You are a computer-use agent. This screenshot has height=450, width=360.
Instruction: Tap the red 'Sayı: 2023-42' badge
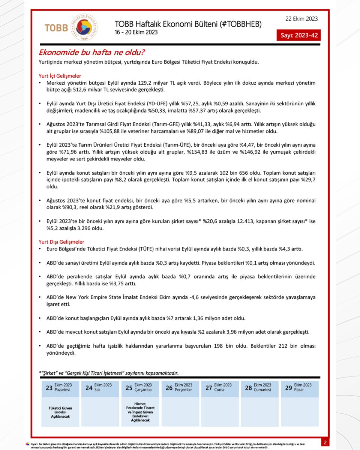pos(298,35)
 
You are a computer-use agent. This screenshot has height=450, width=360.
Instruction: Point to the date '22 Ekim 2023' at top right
pos(301,19)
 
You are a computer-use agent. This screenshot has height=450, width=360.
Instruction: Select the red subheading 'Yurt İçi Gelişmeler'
pos(60,76)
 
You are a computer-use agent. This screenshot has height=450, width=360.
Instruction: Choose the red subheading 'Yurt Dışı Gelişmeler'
pos(61,242)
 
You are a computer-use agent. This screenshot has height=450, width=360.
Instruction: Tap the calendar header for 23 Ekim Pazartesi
pos(60,388)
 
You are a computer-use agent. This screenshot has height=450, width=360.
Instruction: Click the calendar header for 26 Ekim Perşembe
pos(180,388)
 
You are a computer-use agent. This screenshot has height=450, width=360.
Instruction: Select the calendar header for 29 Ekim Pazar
pos(299,388)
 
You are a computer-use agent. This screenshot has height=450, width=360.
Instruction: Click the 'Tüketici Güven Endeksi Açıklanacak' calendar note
pos(60,412)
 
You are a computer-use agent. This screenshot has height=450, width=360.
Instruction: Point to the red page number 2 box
pos(325,442)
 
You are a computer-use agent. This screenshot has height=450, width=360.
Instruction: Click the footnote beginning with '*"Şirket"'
pos(108,373)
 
